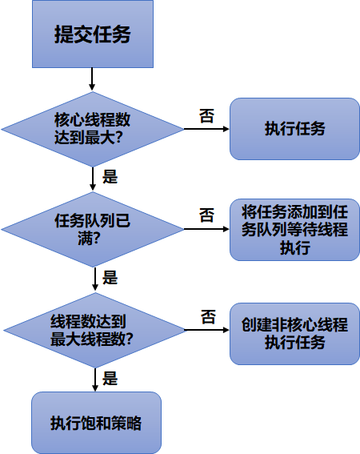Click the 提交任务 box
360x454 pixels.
(93, 34)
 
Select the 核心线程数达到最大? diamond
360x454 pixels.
(93, 129)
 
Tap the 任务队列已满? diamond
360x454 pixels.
(93, 229)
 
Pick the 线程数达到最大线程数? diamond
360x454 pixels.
(95, 330)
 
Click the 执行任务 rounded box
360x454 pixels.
(294, 129)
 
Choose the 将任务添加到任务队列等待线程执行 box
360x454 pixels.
(294, 230)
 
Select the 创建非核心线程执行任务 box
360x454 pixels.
(294, 334)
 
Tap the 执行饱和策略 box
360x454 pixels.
(96, 423)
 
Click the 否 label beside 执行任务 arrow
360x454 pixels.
(206, 116)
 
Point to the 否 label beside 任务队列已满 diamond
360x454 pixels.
(206, 215)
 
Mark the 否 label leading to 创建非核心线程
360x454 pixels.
(208, 317)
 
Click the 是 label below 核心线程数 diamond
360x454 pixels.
(110, 177)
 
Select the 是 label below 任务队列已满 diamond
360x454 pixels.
(110, 277)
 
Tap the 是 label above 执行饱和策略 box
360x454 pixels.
(110, 378)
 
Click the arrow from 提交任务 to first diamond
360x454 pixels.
(92, 79)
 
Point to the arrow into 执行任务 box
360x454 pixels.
(206, 129)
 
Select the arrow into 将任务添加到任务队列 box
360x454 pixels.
(206, 229)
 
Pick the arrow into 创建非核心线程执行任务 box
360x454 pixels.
(207, 330)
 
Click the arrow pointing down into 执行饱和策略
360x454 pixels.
(95, 380)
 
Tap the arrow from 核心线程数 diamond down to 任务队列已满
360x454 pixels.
(93, 179)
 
